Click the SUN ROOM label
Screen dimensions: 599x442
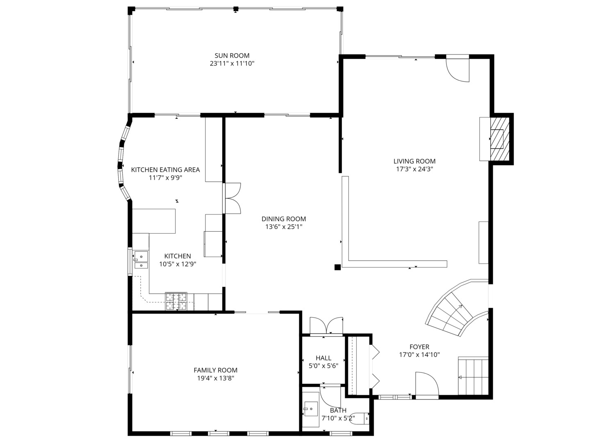tap(232, 56)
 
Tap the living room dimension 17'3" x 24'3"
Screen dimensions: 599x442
tap(414, 169)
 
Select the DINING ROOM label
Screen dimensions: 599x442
tap(284, 219)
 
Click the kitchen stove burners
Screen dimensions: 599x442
tap(176, 302)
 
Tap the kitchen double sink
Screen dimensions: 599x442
tap(141, 260)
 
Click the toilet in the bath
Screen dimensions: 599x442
tap(360, 418)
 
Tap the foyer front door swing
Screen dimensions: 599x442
tap(427, 386)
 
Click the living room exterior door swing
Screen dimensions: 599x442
tap(457, 68)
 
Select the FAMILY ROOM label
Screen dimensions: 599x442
tap(215, 370)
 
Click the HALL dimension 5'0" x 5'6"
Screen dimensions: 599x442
tap(323, 366)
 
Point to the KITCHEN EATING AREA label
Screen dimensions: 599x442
tap(165, 169)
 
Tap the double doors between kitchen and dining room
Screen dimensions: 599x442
tap(232, 198)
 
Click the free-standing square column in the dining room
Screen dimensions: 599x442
tap(337, 267)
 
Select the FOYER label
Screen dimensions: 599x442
tap(419, 347)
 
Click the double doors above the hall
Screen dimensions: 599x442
tap(326, 326)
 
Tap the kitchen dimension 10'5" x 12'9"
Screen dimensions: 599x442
tap(178, 264)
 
